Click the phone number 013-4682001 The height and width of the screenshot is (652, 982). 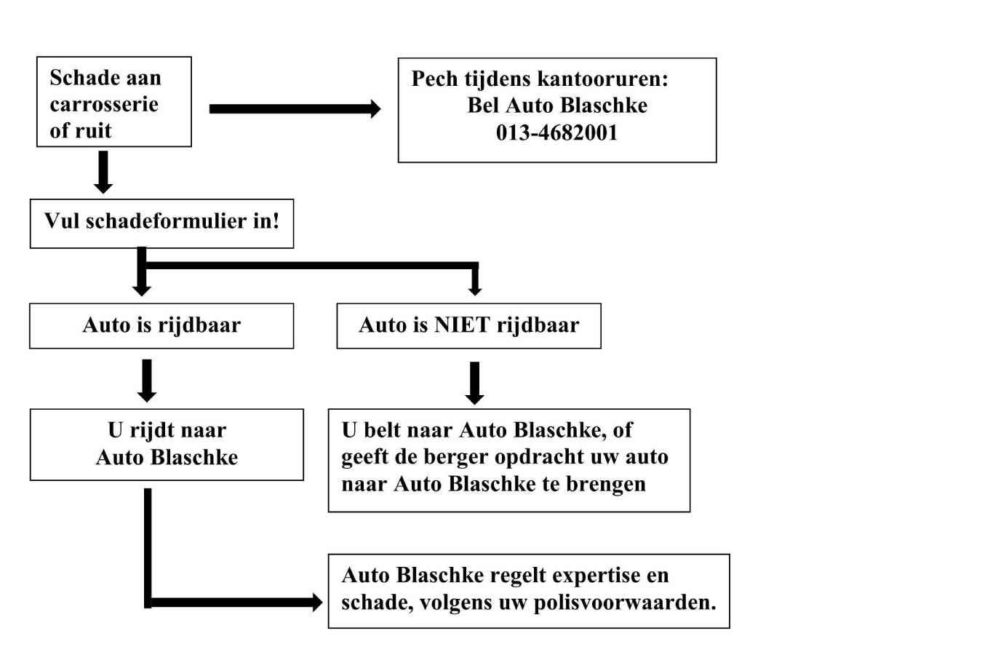click(556, 132)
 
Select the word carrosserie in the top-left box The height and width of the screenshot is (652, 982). click(104, 104)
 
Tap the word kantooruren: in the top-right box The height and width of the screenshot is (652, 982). click(603, 79)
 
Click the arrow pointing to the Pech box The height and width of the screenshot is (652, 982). click(295, 108)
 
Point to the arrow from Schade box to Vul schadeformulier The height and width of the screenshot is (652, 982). click(103, 172)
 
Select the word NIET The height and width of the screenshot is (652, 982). click(462, 325)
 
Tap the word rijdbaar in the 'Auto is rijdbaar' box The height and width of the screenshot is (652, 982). click(199, 325)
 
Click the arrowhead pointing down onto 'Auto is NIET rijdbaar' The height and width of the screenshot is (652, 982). click(475, 290)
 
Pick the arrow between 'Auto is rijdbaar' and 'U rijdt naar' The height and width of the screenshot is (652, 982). click(147, 381)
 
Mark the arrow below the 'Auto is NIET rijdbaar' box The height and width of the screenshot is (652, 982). click(475, 383)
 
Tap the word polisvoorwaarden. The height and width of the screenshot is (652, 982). click(625, 603)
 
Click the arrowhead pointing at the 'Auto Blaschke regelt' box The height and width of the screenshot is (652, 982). click(317, 603)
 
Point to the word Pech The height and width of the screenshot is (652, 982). click(435, 79)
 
